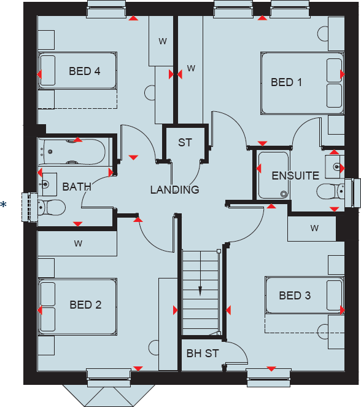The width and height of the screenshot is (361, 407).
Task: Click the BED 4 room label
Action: coord(85,71)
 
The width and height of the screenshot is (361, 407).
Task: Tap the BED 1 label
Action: coord(287,82)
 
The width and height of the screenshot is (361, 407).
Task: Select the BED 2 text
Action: coord(85,304)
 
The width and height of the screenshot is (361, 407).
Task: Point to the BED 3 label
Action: coord(295,296)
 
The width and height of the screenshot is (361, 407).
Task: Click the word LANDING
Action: coord(174,190)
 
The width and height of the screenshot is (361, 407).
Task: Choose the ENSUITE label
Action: coord(295,176)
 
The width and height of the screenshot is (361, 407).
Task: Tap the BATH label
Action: coord(77,186)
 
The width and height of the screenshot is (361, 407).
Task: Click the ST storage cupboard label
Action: coord(185,143)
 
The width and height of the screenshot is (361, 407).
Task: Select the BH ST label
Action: coord(203,354)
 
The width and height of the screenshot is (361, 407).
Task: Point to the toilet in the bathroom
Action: coord(52,207)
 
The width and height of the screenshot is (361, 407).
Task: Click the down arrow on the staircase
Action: coord(200,290)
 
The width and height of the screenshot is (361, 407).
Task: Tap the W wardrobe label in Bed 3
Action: coord(314,229)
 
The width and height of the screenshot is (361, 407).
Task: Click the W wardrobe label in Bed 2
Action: coord(78,243)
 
